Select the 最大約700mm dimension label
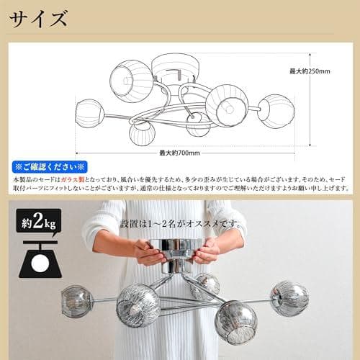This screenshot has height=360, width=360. click(179, 153)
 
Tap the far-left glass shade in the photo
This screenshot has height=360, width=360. click(76, 299)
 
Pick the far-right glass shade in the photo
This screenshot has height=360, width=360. click(289, 298)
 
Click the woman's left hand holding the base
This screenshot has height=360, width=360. click(207, 251)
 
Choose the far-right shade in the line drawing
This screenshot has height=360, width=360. click(276, 111)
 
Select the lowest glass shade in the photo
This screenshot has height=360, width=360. click(235, 322)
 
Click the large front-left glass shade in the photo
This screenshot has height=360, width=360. click(138, 305)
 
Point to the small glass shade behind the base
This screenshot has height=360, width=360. click(207, 284)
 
